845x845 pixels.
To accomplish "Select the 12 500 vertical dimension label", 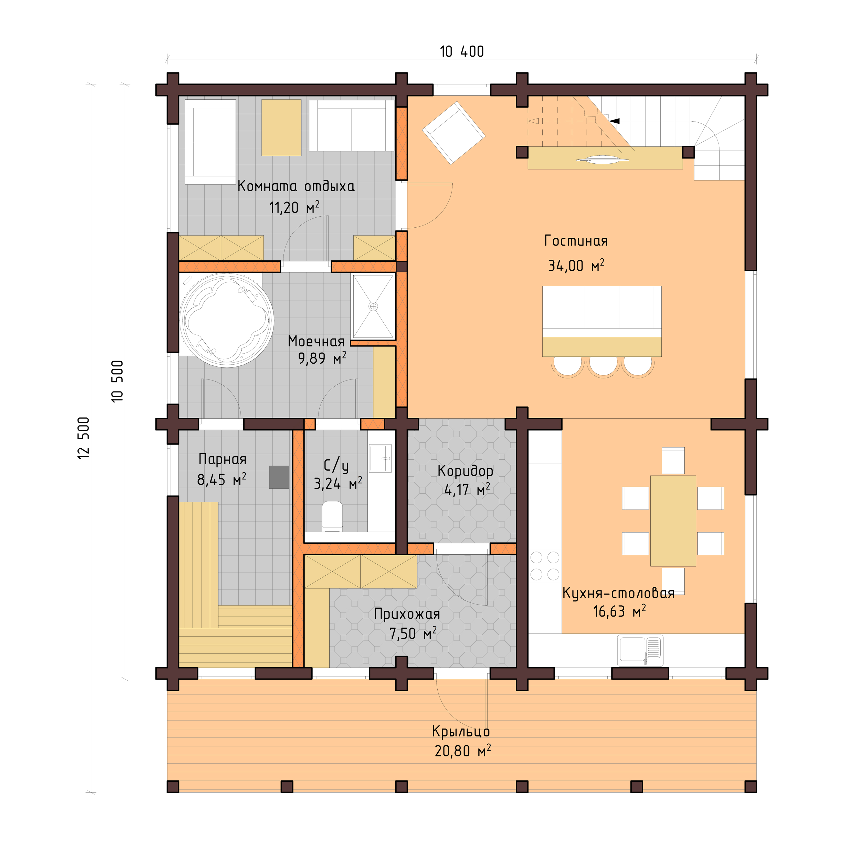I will point(83,437).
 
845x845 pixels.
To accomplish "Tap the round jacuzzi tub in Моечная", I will point(227,320).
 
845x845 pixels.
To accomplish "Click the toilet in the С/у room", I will point(332,516).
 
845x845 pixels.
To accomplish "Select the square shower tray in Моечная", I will point(373,306).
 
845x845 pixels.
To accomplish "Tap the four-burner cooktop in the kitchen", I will point(545,566).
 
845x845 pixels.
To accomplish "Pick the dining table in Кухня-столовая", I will point(673,521).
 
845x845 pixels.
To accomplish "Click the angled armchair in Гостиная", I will point(453,133).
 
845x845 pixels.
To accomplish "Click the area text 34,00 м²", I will point(576,266).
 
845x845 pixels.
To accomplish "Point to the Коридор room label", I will point(465,471).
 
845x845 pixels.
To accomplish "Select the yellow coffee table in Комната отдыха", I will point(281,127).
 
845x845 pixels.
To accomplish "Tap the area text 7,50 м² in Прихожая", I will point(413,633).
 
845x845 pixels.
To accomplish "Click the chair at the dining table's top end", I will point(673,460).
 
